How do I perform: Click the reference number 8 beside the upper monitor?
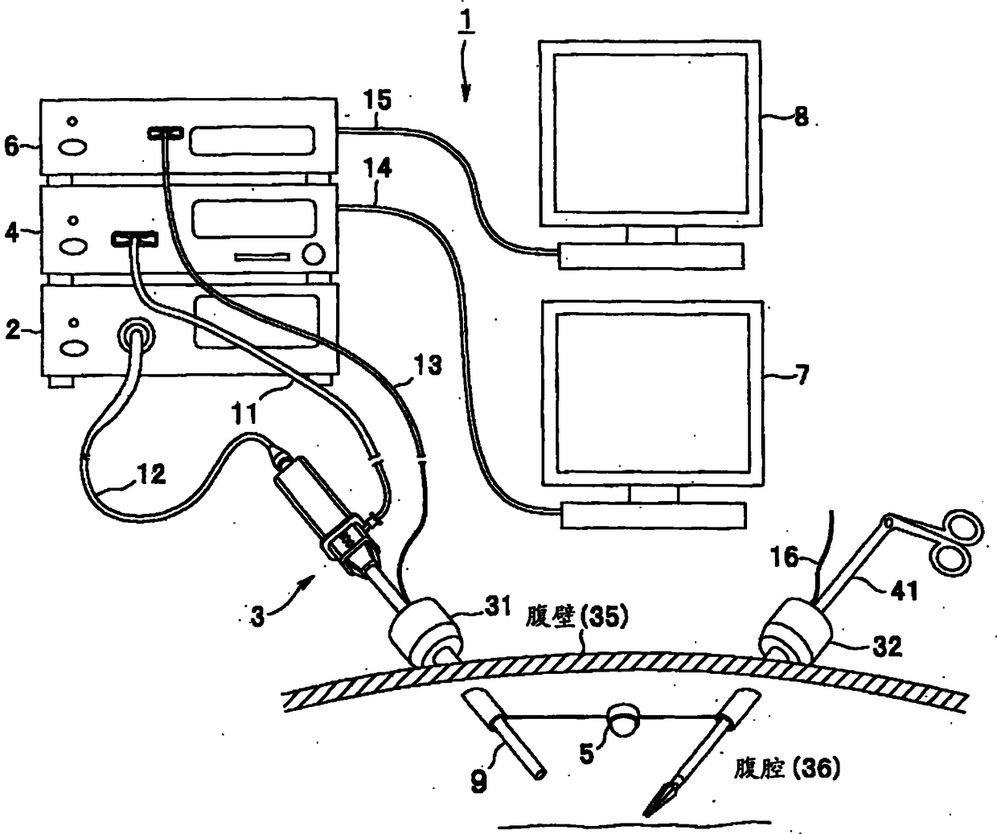(801, 117)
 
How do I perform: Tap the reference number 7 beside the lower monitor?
(802, 375)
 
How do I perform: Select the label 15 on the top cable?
(376, 101)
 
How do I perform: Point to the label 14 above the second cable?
(376, 169)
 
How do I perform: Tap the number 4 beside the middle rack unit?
(11, 233)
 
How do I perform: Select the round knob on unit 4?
(314, 256)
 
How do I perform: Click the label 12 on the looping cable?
(150, 475)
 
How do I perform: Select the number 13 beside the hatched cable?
(429, 366)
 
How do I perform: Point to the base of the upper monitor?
(651, 256)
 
